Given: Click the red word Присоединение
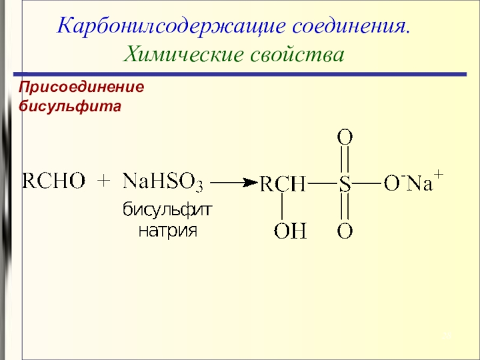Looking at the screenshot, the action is click(82, 88).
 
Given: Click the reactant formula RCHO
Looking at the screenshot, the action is click(53, 181).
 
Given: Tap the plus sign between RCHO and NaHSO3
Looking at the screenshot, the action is click(104, 181).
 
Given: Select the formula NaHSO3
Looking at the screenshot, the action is click(163, 181).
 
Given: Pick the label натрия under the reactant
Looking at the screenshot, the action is click(168, 230).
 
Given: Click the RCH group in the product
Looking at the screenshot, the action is click(282, 184).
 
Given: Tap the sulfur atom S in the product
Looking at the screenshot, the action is click(344, 184).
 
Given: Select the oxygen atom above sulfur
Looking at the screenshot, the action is click(344, 137).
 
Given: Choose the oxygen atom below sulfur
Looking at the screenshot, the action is click(344, 231).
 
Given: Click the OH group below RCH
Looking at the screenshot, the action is click(290, 231).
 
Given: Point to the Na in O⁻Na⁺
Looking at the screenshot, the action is click(419, 184).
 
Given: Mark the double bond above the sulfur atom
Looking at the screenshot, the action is click(344, 161).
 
